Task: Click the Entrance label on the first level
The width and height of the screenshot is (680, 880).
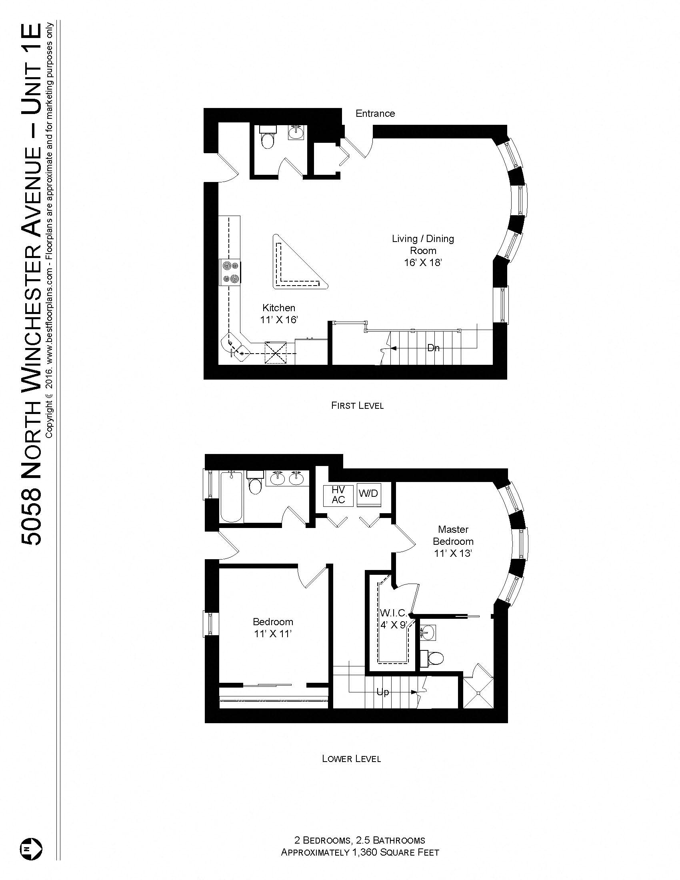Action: tap(375, 114)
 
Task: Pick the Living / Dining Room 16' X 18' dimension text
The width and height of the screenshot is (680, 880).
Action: tap(423, 263)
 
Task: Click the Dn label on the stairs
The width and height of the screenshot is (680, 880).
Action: tap(434, 348)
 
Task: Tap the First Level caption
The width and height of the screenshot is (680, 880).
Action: tap(357, 405)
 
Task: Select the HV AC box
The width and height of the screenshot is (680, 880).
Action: tap(338, 495)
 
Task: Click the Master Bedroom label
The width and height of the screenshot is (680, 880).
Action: tap(453, 536)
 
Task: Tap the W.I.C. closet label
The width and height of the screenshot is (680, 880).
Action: tap(393, 613)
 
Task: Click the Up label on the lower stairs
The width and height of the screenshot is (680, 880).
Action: tap(383, 692)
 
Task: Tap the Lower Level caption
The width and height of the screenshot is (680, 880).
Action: tap(351, 759)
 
